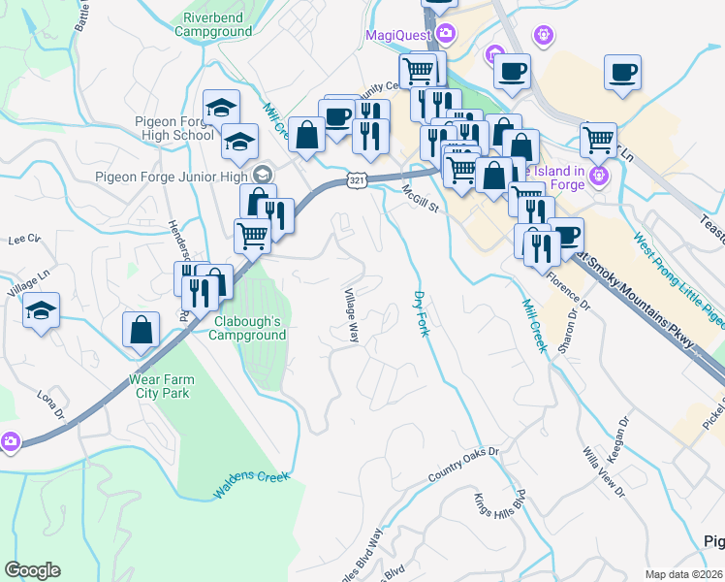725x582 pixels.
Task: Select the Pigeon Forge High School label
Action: tap(174, 129)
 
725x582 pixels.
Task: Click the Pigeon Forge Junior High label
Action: tap(171, 176)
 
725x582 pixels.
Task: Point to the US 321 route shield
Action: tap(357, 181)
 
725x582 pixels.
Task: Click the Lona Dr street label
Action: tap(51, 405)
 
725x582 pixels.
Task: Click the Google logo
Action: tap(32, 570)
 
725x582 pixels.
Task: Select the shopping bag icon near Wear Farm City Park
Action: tap(142, 329)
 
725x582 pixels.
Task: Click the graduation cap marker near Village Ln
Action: tap(41, 310)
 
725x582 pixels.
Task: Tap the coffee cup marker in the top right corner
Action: tap(622, 71)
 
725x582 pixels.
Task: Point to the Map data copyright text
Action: tap(683, 574)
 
